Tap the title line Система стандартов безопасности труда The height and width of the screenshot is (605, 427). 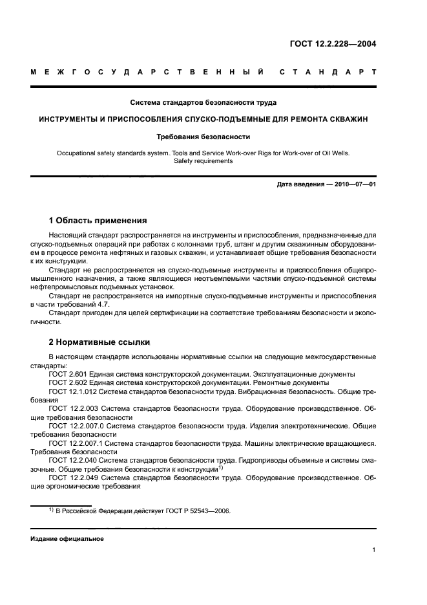(203, 102)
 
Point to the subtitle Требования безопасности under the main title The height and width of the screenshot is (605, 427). (203, 137)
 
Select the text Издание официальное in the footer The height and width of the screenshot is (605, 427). (67, 538)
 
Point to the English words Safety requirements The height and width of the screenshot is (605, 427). (203, 160)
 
